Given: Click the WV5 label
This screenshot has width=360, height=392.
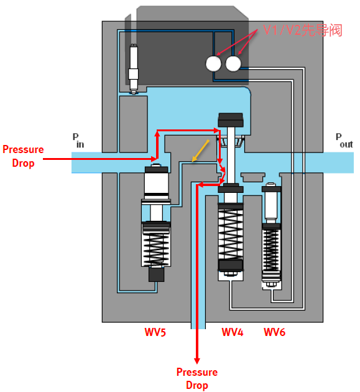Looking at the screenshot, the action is [x=155, y=332].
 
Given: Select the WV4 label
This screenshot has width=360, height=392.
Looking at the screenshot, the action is [x=233, y=332].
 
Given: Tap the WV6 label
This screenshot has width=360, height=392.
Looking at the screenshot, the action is [x=275, y=332].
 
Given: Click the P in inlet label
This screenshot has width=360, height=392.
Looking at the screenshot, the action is [x=78, y=140].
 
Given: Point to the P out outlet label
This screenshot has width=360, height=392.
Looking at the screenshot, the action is [x=344, y=140].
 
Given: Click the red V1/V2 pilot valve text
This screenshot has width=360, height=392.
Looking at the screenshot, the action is [x=303, y=30].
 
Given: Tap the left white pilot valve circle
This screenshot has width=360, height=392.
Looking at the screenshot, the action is [x=213, y=63].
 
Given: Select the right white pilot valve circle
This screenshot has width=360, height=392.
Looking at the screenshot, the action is [x=233, y=63].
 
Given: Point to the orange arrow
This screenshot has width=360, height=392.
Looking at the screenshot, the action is [x=200, y=151].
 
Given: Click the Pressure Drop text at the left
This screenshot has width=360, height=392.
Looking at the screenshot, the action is [x=23, y=156].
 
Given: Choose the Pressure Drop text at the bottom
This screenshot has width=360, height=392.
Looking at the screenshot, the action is [x=197, y=378].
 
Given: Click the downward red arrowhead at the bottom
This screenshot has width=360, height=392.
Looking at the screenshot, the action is [x=197, y=360].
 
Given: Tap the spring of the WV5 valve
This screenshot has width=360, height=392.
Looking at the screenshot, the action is [x=157, y=249].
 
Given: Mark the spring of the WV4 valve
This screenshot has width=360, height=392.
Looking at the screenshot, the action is [x=231, y=235].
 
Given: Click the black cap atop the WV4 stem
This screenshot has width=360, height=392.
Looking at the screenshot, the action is [x=231, y=119].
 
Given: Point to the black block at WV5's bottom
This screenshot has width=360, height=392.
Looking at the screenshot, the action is [x=157, y=274].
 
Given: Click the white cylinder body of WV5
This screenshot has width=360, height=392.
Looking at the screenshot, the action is [x=157, y=185].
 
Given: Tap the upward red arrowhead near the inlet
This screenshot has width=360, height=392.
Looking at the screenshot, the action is [x=157, y=134].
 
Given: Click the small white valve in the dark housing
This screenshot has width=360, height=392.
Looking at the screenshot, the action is [x=134, y=69].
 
